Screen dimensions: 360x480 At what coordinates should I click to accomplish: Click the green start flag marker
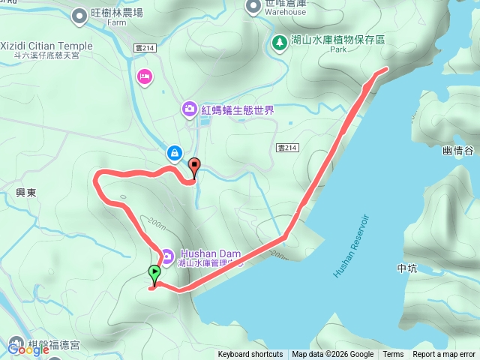click(154, 275)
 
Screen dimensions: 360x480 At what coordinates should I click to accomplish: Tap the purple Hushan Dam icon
click(166, 256)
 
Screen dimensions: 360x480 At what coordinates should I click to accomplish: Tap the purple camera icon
click(189, 110)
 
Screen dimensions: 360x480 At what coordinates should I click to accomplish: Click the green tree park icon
click(279, 41)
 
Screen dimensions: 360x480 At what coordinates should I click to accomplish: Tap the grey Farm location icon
click(79, 13)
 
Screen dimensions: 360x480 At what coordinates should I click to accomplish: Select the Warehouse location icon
click(253, 6)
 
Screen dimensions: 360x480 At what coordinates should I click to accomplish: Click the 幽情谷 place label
click(458, 151)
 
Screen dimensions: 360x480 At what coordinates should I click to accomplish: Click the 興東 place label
click(25, 193)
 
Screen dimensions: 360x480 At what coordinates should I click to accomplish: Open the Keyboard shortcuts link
click(250, 355)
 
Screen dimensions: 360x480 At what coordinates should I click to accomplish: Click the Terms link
click(393, 355)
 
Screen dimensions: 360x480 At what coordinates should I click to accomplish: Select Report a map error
click(443, 355)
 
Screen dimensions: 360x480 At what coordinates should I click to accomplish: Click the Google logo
click(28, 349)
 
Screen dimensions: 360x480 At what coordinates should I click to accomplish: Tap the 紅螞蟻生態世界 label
click(237, 110)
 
